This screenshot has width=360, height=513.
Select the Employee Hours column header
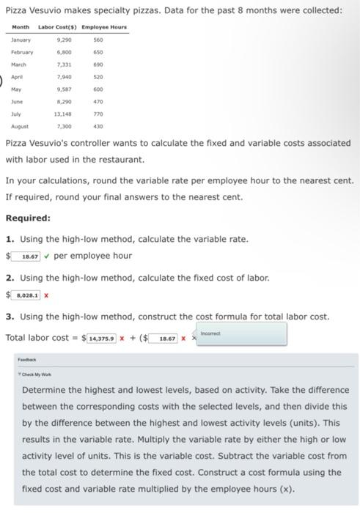pyautogui.click(x=104, y=27)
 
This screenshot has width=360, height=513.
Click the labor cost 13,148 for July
pyautogui.click(x=62, y=114)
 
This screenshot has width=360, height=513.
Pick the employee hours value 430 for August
pyautogui.click(x=98, y=127)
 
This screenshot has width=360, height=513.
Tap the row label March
pyautogui.click(x=19, y=64)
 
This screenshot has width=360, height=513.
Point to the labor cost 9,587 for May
pyautogui.click(x=64, y=89)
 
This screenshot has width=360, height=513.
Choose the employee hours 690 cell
pyautogui.click(x=98, y=64)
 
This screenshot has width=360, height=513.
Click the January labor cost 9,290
pyautogui.click(x=64, y=40)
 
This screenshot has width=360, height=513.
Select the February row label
pyautogui.click(x=22, y=52)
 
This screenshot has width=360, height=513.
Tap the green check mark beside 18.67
pyautogui.click(x=47, y=256)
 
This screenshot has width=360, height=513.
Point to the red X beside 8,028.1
pyautogui.click(x=46, y=295)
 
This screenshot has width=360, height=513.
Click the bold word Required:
pyautogui.click(x=28, y=218)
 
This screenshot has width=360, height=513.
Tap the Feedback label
pyautogui.click(x=27, y=361)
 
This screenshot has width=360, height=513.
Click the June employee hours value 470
pyautogui.click(x=98, y=102)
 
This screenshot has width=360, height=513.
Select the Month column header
pyautogui.click(x=21, y=27)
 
